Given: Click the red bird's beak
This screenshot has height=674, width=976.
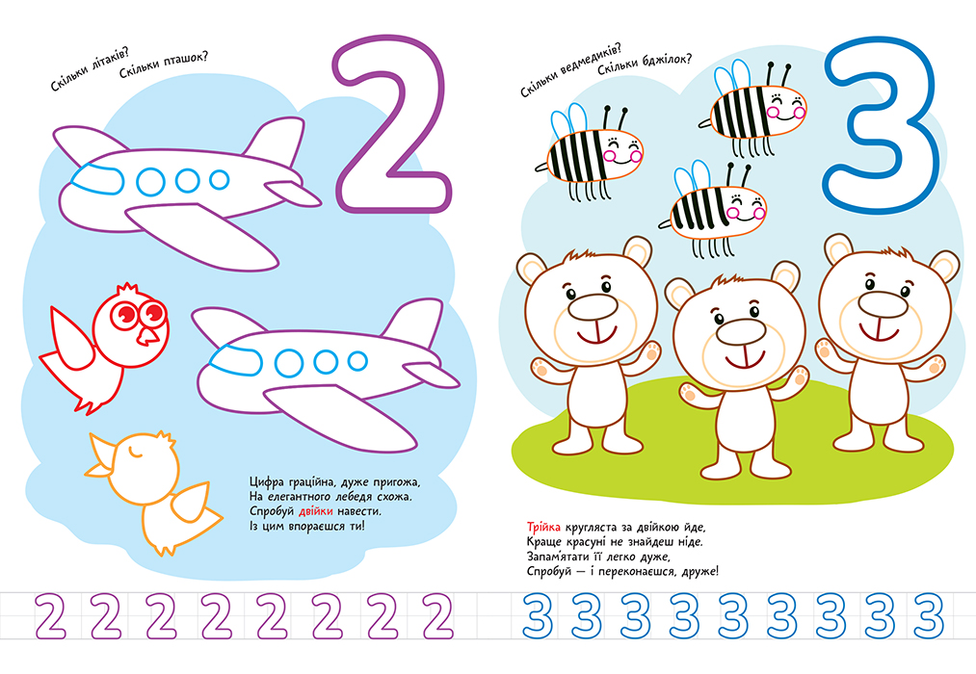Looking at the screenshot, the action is (147, 336).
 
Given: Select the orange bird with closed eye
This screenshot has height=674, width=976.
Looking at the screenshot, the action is (153, 492).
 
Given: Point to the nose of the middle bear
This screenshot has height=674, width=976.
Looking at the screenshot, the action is (740, 332).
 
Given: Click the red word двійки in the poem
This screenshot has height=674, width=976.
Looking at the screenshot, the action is (316, 511).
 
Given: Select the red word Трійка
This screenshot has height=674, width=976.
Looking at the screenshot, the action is (543, 527).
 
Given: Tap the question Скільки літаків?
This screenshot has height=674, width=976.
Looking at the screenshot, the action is (86, 72).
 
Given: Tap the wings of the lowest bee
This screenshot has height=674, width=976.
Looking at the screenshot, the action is (692, 178).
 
